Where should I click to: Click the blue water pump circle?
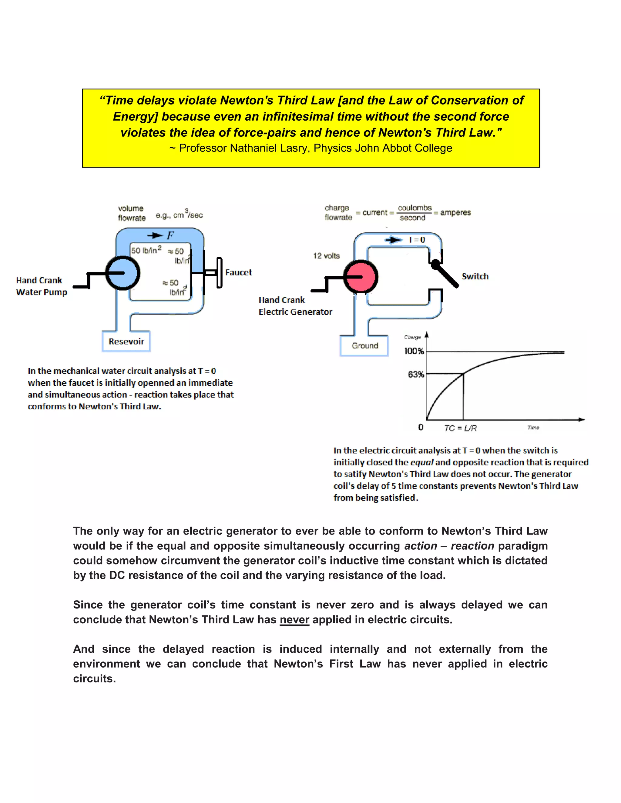[123, 273]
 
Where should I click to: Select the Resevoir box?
[126, 341]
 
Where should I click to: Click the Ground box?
[364, 346]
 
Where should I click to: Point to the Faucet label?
[238, 272]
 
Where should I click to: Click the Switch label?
[475, 276]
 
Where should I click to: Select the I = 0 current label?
[417, 240]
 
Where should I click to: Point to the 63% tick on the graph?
[416, 374]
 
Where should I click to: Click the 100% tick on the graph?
[414, 351]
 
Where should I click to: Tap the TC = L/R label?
[460, 428]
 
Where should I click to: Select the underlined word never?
[294, 620]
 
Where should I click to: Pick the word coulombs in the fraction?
[414, 208]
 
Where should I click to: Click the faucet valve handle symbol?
[219, 272]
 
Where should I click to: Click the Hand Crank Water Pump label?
[42, 286]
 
